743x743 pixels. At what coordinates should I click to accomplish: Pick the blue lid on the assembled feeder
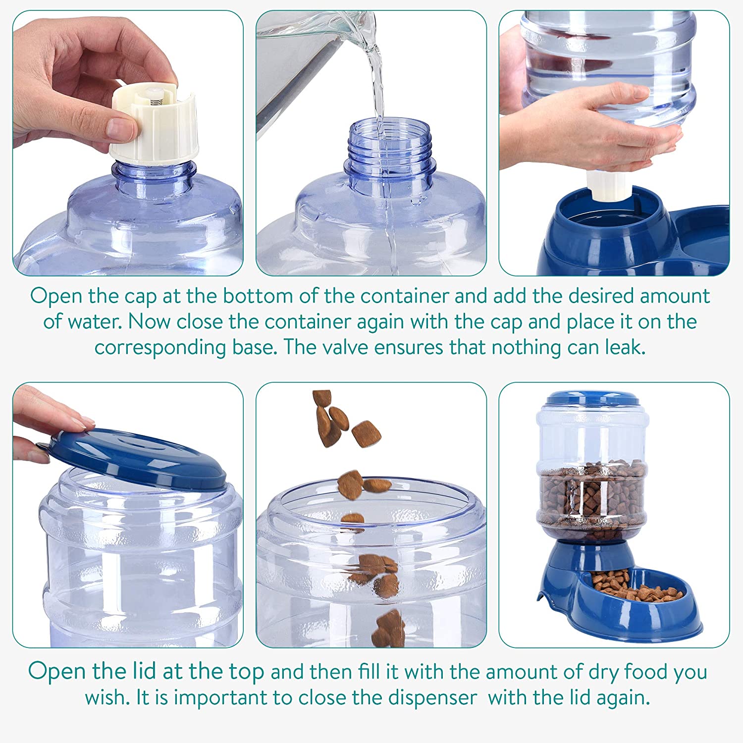pos(592,398)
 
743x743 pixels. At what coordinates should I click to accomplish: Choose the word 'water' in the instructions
pos(95,322)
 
